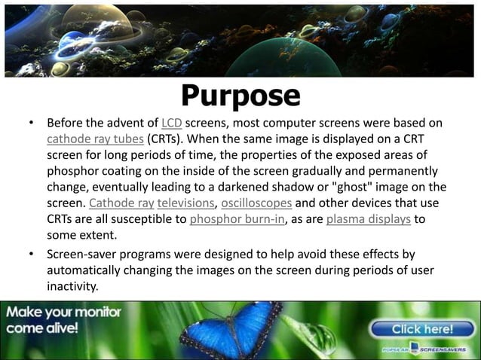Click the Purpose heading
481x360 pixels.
[x=240, y=96]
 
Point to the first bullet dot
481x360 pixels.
[x=31, y=123]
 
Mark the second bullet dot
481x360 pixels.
[x=31, y=255]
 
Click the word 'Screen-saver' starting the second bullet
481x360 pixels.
[x=84, y=255]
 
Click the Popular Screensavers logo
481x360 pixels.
[x=427, y=350]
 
